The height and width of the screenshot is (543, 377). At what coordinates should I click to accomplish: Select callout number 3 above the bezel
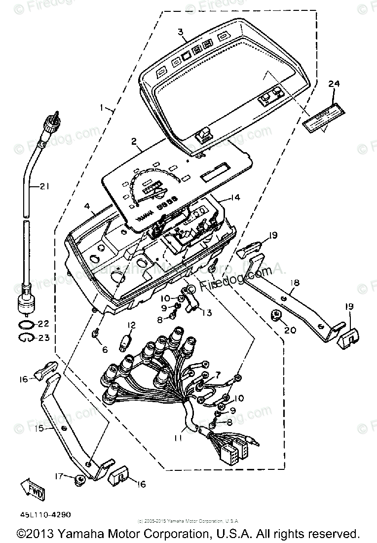pos(181,32)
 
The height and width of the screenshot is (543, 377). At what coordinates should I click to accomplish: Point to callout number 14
pos(235,198)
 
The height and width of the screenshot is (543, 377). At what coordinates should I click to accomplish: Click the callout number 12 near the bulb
pos(131,325)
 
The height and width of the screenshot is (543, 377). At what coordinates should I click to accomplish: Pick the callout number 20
pos(290,330)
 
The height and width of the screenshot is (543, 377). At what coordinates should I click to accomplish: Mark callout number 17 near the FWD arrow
pos(59,477)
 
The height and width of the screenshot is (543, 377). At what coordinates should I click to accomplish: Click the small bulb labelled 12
pos(126,341)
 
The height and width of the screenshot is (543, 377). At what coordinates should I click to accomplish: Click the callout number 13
pos(207,313)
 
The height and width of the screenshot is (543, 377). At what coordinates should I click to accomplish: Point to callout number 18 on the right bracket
pos(295,283)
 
